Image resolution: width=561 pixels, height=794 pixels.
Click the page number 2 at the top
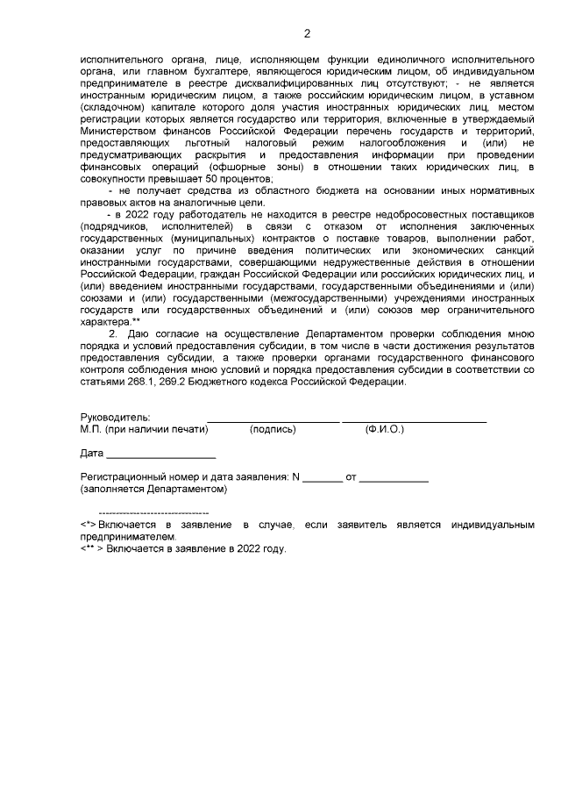307,34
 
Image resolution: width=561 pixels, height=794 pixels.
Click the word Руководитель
114,418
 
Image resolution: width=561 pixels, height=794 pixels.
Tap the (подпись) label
273,430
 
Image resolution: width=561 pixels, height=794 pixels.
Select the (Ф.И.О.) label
385,430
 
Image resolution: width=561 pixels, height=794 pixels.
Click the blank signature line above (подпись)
273,422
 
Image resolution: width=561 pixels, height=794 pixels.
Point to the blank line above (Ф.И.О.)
414,422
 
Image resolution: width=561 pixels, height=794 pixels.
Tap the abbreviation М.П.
89,430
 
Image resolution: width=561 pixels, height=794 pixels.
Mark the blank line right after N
323,482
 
